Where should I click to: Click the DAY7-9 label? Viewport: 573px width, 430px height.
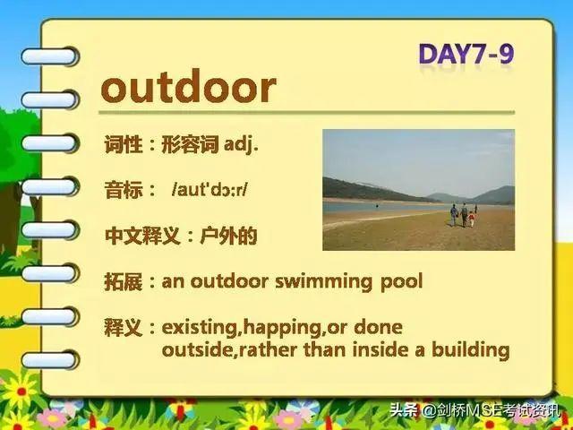(x=466, y=54)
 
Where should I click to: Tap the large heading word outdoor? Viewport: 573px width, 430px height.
(x=188, y=87)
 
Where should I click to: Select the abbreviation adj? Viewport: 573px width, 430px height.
(x=241, y=145)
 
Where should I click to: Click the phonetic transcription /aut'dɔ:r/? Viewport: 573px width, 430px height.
(x=210, y=189)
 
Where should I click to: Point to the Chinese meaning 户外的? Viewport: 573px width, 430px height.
(x=229, y=236)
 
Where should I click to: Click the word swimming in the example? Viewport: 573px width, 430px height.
(x=324, y=282)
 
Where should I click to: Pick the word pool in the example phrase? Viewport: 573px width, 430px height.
(x=402, y=282)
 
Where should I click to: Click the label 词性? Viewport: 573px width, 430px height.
(x=124, y=144)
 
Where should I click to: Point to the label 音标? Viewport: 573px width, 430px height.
(x=124, y=190)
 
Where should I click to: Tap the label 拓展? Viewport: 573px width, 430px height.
(x=124, y=282)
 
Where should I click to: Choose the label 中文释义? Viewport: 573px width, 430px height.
(x=142, y=236)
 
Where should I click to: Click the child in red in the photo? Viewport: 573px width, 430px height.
(x=472, y=219)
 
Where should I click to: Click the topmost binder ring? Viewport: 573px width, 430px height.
(x=50, y=56)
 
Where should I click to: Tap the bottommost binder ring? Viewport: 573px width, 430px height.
(x=50, y=360)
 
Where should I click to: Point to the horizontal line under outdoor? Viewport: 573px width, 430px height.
(x=306, y=113)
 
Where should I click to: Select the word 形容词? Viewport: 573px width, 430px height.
(x=190, y=144)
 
